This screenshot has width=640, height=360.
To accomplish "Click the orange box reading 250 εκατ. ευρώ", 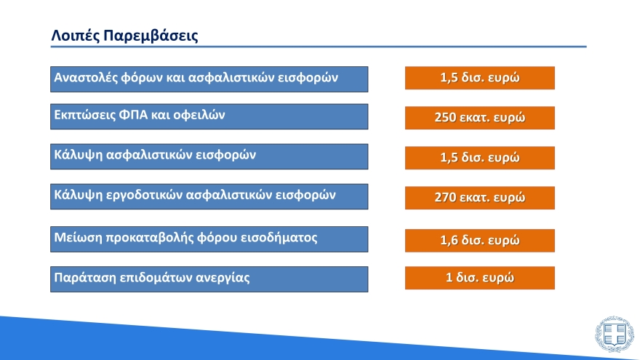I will (x=479, y=118).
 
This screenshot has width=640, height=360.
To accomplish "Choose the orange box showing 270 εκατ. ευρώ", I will (x=479, y=198).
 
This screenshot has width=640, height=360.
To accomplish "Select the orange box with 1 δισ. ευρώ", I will (x=479, y=278).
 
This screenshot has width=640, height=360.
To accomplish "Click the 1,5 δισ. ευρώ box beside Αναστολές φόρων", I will (x=479, y=78).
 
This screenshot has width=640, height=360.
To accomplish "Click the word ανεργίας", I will (x=223, y=278).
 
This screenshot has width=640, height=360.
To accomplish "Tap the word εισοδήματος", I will (x=281, y=237).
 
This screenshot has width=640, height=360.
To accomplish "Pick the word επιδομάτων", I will (x=153, y=278).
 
